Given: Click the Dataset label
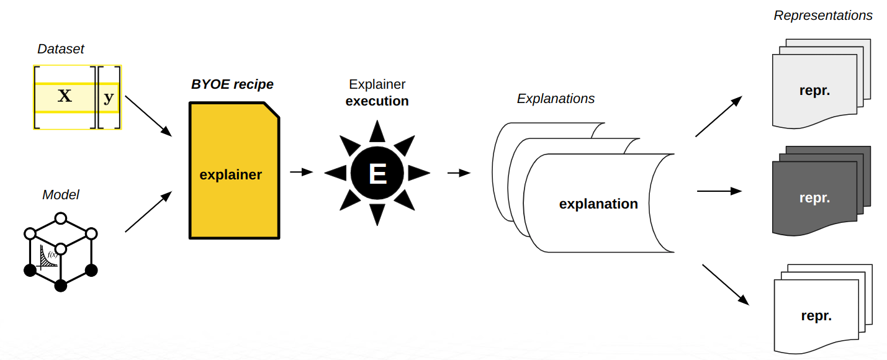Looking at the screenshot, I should pyautogui.click(x=60, y=49).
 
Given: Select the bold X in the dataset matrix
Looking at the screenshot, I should pyautogui.click(x=65, y=96).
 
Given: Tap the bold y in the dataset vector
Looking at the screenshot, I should pyautogui.click(x=109, y=97).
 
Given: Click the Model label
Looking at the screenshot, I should pyautogui.click(x=60, y=195).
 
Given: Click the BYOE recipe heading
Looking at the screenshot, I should pyautogui.click(x=232, y=84).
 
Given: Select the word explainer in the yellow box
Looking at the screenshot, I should pyautogui.click(x=230, y=175).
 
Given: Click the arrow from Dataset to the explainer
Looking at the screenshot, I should pyautogui.click(x=148, y=116).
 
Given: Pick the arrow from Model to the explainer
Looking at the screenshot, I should pyautogui.click(x=148, y=212).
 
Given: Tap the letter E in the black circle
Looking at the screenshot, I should pyautogui.click(x=377, y=174).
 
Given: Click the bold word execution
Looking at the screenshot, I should pyautogui.click(x=377, y=101).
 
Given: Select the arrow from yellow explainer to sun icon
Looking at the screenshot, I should pyautogui.click(x=302, y=172).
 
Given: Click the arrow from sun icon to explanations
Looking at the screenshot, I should pyautogui.click(x=459, y=173).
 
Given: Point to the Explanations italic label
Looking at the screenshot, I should pyautogui.click(x=556, y=99).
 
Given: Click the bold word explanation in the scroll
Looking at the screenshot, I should pyautogui.click(x=598, y=204).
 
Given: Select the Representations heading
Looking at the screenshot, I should pyautogui.click(x=823, y=16).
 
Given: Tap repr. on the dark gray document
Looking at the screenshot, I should pyautogui.click(x=814, y=199).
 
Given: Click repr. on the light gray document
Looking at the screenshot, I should pyautogui.click(x=814, y=90).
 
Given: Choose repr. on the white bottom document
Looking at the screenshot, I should pyautogui.click(x=816, y=316).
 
